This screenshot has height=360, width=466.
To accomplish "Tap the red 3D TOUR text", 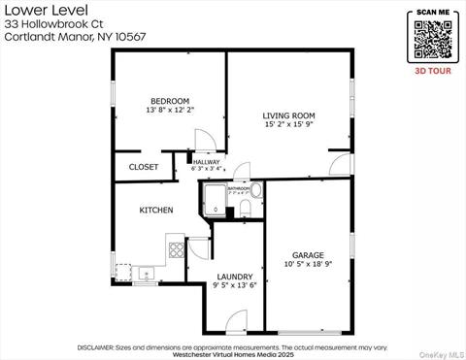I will tap(433, 72).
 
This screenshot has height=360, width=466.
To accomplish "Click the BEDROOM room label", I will tap(169, 101).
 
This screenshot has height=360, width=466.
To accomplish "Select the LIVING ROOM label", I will tap(289, 116).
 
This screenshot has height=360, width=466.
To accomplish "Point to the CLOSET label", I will tap(144, 167).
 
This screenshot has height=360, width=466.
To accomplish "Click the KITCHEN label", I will tap(156, 210).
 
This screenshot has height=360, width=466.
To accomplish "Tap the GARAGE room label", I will tap(308, 255).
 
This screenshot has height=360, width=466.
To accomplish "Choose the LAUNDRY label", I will tap(235, 277).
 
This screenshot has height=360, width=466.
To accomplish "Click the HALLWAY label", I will tap(206, 162).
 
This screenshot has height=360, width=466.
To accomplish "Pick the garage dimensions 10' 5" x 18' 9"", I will tap(308, 265).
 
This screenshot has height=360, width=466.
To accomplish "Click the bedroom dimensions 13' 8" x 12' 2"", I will tap(169, 111).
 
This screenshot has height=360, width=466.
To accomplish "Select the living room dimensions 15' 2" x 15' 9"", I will tap(289, 126).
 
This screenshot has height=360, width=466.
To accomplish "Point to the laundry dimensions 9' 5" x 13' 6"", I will tap(235, 286).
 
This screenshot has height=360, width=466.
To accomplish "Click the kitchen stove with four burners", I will tap(177, 249).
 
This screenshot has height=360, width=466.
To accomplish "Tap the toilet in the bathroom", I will tap(246, 208).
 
